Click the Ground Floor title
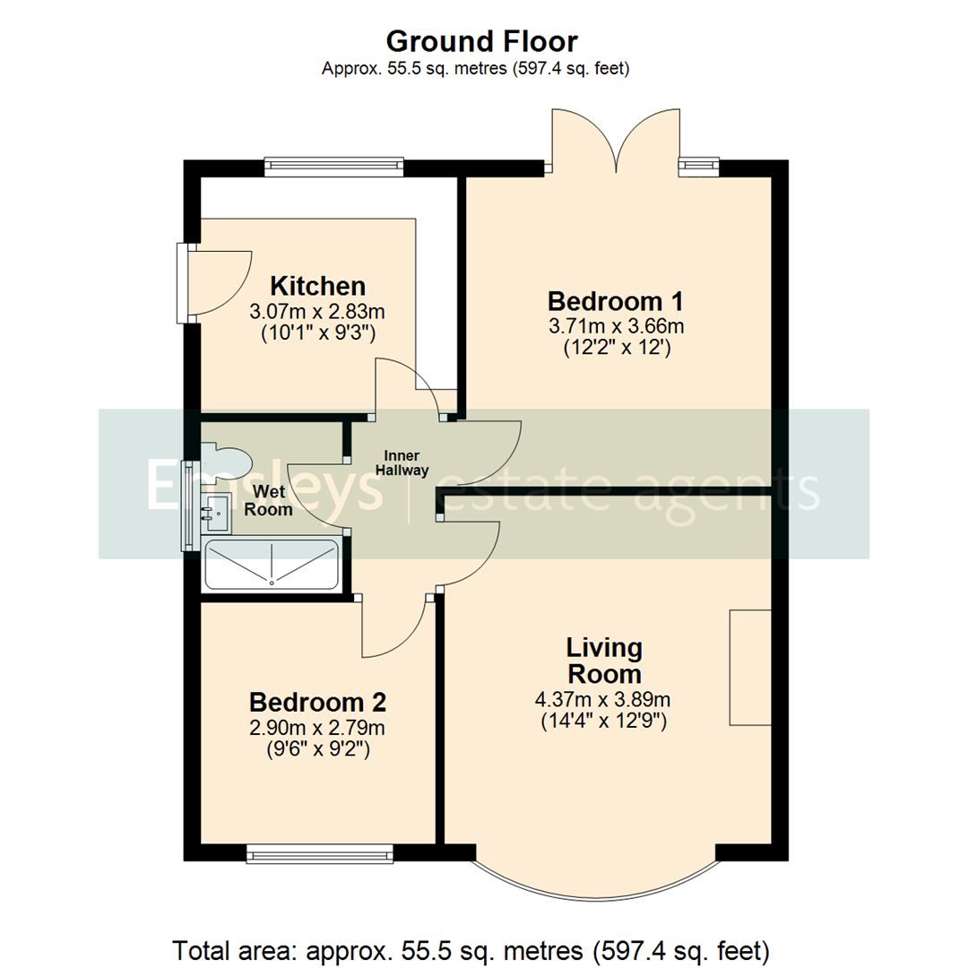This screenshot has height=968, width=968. (x=481, y=41)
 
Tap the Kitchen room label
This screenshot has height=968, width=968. (x=317, y=286)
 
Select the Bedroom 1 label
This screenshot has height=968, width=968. (x=609, y=299)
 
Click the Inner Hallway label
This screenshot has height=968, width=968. (x=402, y=462)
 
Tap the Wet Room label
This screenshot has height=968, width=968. (x=272, y=501)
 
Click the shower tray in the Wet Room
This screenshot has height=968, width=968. (x=271, y=565)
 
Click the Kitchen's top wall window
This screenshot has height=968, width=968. (x=333, y=167)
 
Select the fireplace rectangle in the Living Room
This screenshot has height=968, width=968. (x=750, y=667)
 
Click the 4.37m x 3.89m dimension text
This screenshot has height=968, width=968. (x=603, y=700)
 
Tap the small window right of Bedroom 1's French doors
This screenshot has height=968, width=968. (x=699, y=167)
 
